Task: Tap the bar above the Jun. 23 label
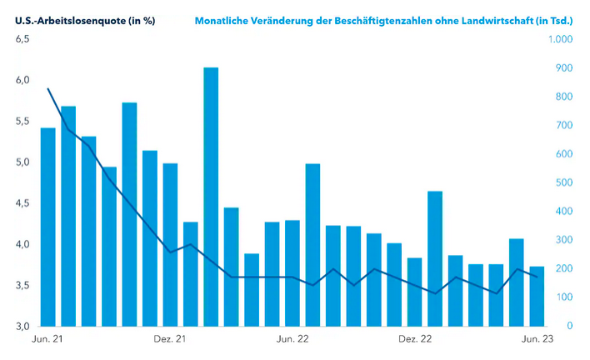[x=537, y=296]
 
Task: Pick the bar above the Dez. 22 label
[x=414, y=292]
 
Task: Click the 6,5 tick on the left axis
[x=22, y=39]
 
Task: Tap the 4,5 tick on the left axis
[x=22, y=203]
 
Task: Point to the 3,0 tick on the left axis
[x=22, y=326]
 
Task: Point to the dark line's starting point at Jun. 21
[x=47, y=88]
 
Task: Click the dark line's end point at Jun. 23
[x=537, y=277]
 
